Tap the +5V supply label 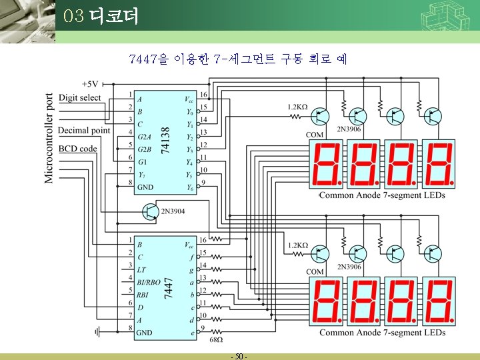coord(90,84)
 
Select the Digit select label coord(80,98)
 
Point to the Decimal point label coord(84,130)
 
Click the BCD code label coord(78,149)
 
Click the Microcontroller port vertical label coord(49,138)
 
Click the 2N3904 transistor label coord(173,211)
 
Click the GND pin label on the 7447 coord(145,332)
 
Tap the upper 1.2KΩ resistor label coord(297,107)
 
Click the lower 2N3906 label coord(349,267)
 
